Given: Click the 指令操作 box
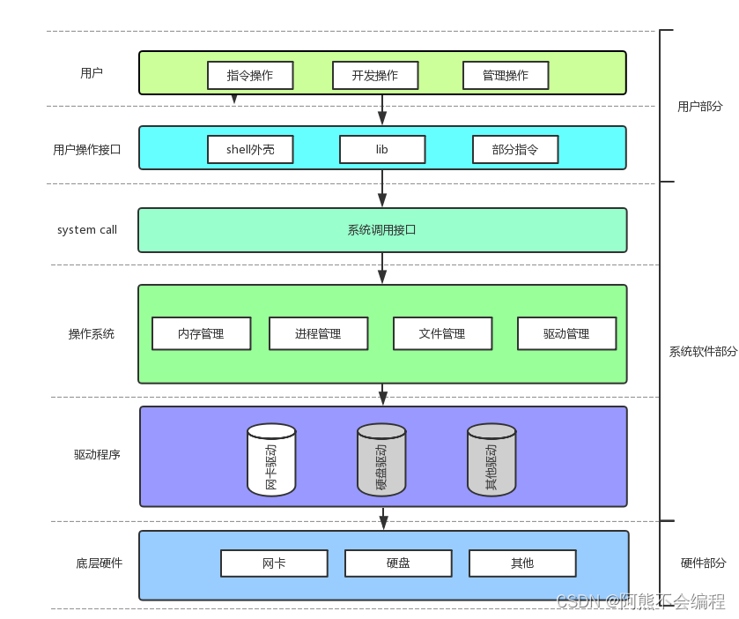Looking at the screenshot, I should pos(250,75).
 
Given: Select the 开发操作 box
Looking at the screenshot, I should pos(375,75).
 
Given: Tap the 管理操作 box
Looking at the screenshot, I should pos(506,75).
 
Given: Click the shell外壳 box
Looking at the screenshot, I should pos(250,149).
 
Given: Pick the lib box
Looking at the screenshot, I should pos(382,149).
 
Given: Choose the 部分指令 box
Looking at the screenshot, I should pos(515,149).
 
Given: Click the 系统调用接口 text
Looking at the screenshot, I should pos(381,230).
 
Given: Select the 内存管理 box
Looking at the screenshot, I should pos(201,333).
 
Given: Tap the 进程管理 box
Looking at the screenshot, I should pos(318,333).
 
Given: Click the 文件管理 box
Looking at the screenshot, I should pos(442,333).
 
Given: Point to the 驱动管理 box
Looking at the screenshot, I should pos(566,333).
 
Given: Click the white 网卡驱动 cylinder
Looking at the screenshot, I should pos(271,460).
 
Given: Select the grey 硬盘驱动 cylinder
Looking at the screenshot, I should pos(381,460).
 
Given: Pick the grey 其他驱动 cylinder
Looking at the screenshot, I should pos(491,460).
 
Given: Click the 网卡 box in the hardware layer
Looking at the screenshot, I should pos(274,563).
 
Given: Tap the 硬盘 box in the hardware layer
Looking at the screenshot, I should pos(398,563).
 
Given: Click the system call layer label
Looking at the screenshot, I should pos(87,230).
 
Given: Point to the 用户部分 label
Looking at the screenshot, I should pos(699,106).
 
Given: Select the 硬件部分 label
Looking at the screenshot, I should pos(703,563).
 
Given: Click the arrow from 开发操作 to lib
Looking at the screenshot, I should pos(382,109).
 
